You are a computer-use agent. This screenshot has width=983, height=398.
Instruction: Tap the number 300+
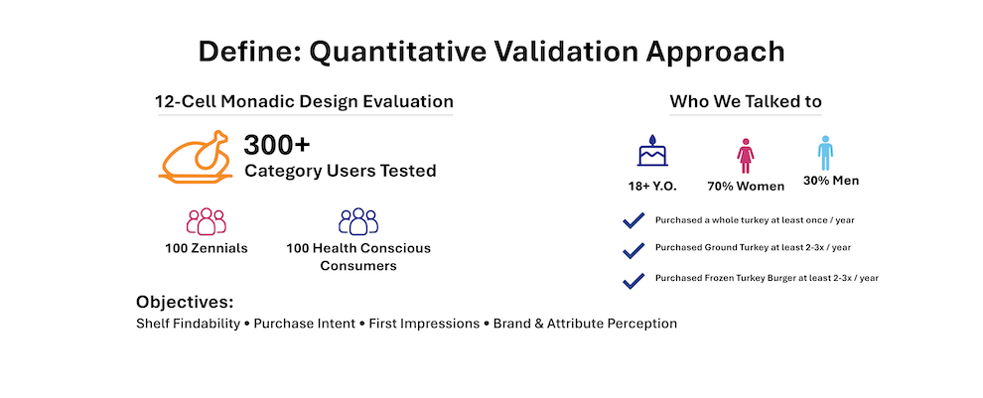pyautogui.click(x=277, y=146)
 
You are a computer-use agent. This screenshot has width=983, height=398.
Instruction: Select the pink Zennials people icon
pyautogui.click(x=207, y=221)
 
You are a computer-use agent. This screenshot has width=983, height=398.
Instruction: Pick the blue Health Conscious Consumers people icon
pyautogui.click(x=358, y=221)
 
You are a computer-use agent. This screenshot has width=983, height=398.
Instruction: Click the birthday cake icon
pyautogui.click(x=652, y=151)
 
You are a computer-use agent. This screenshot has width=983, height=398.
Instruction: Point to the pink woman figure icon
pyautogui.click(x=746, y=156)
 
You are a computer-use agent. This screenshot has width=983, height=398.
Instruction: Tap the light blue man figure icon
pyautogui.click(x=825, y=152)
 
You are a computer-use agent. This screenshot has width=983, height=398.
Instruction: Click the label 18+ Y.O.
pyautogui.click(x=652, y=187)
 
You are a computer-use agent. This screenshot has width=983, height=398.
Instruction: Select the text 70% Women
pyautogui.click(x=746, y=187)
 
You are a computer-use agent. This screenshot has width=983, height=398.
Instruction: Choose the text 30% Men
pyautogui.click(x=831, y=182)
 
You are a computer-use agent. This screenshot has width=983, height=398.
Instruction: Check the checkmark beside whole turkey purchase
pyautogui.click(x=633, y=220)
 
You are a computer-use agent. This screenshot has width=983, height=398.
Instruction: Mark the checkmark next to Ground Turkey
pyautogui.click(x=633, y=249)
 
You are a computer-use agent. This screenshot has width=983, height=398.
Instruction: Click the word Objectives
pyautogui.click(x=185, y=303)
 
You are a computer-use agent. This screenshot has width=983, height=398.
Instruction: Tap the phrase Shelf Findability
pyautogui.click(x=188, y=324)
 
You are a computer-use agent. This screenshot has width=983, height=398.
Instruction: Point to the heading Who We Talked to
pyautogui.click(x=746, y=101)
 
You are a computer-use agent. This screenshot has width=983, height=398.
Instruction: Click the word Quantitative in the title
pyautogui.click(x=397, y=52)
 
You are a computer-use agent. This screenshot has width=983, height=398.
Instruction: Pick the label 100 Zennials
pyautogui.click(x=207, y=248)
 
